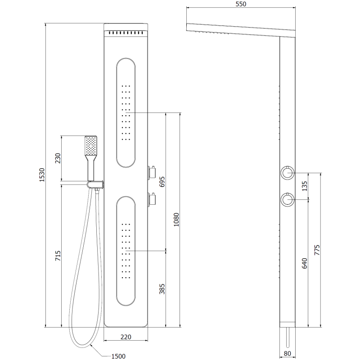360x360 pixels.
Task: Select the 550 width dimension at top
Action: tap(241, 4)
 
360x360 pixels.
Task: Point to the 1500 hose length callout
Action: tap(118, 356)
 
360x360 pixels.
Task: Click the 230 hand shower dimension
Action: tap(57, 159)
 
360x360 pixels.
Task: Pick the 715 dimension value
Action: tap(57, 256)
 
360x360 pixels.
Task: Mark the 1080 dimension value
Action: tap(176, 219)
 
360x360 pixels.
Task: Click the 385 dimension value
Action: tap(162, 288)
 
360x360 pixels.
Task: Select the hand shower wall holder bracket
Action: tap(95, 184)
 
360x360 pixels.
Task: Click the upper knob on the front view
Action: tap(151, 172)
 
